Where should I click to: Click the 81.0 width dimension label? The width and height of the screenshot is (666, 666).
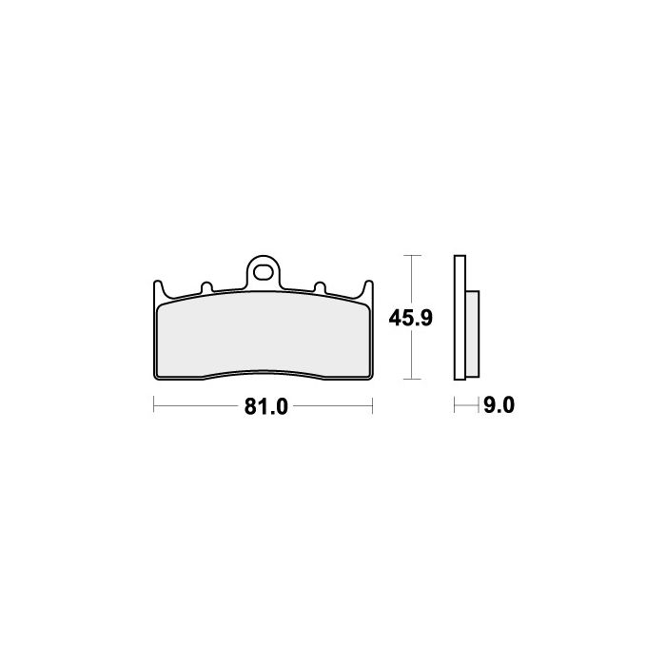265,406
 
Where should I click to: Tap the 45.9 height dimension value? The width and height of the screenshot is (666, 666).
410,318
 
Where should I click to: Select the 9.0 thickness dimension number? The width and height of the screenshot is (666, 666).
499,405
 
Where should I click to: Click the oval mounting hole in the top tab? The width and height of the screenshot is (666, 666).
263,273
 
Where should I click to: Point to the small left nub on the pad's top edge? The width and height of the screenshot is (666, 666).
206,287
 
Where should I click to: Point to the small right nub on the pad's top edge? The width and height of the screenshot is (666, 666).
320,287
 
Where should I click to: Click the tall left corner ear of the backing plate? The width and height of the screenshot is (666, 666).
158,289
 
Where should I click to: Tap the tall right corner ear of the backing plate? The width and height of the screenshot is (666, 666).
368,289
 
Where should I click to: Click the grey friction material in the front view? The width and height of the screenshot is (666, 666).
263,335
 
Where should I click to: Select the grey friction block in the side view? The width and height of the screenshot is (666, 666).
472,334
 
